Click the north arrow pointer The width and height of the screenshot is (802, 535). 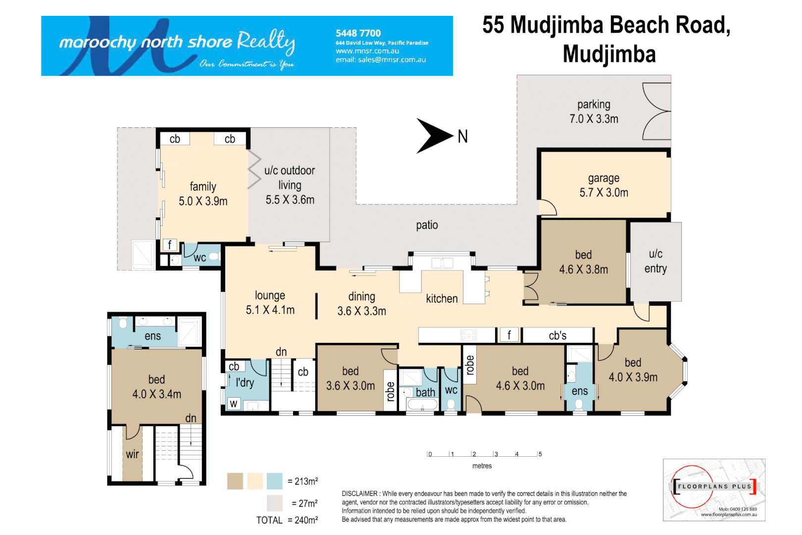click(434, 136)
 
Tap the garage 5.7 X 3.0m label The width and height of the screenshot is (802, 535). click(603, 185)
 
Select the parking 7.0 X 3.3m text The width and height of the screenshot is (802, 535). click(594, 111)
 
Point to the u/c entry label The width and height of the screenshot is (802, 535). click(655, 261)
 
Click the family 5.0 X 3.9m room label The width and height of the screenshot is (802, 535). click(203, 194)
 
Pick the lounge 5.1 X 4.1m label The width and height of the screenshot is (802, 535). click(270, 303)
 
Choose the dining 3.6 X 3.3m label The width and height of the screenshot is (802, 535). click(361, 304)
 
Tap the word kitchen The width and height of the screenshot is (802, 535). click(442, 299)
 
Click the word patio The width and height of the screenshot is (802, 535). click(427, 225)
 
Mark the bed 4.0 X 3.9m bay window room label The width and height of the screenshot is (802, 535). click(633, 370)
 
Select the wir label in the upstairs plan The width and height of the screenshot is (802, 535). click(132, 454)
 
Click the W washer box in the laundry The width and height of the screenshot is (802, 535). click(234, 404)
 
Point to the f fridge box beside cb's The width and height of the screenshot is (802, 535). click(509, 335)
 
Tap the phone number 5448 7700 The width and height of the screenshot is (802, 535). click(358, 33)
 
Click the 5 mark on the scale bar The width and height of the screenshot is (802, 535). click(540, 454)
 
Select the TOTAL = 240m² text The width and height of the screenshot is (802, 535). click(287, 520)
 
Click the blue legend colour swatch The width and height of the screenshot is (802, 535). click(274, 481)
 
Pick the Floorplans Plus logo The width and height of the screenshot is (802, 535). click(714, 489)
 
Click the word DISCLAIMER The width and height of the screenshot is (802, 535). click(359, 493)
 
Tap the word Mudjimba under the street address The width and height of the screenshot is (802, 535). click(609, 54)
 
